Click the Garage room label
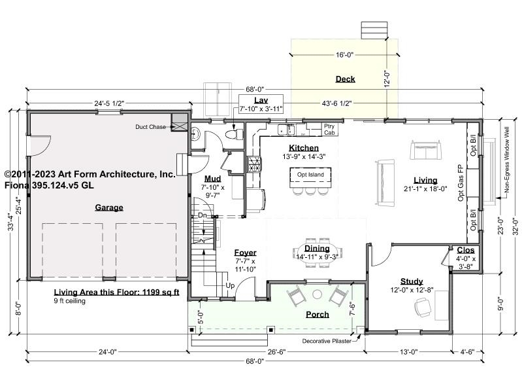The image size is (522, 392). pos(109,207)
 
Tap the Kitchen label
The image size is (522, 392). pos(304,148)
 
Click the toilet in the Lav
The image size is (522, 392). pos(234,134)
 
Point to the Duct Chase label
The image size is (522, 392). pos(150,127)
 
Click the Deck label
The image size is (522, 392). pos(345,79)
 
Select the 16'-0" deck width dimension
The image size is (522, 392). pos(344,55)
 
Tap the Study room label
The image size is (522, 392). pos(412,281)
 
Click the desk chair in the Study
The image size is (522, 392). pos(423,308)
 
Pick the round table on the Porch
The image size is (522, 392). pos(318,294)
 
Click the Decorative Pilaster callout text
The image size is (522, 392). pos(327,341)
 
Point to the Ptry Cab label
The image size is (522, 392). pos(329,130)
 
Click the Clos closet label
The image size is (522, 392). pos(465,250)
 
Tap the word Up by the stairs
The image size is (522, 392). pos(230,286)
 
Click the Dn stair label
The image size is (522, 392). pos(203,215)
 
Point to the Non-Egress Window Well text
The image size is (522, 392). pos(507,160)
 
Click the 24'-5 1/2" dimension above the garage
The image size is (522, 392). pos(109,103)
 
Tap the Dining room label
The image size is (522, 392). pos(317,248)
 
